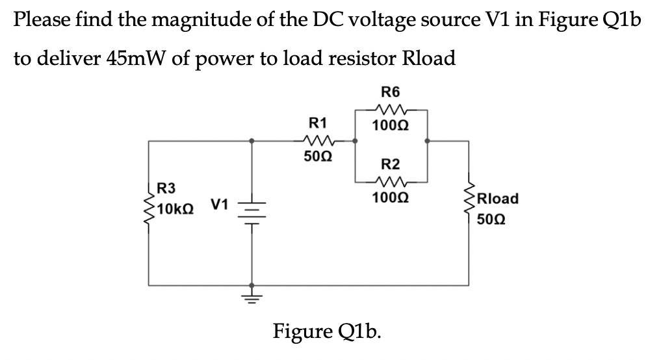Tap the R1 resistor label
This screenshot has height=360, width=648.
click(x=318, y=122)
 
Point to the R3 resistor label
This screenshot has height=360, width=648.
click(x=167, y=189)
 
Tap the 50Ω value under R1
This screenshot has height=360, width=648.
click(x=318, y=157)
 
